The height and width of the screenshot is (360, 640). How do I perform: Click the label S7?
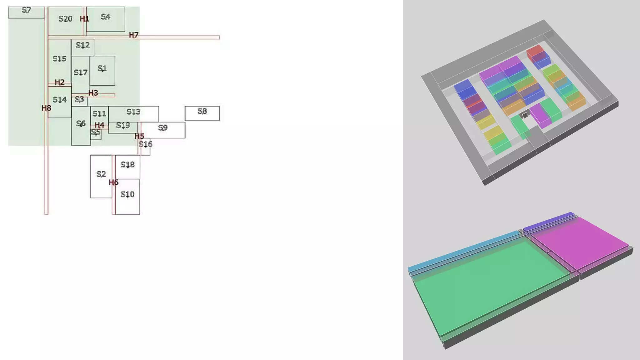27,10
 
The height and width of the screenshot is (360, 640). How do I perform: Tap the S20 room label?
65,19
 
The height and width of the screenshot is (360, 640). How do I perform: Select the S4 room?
106,19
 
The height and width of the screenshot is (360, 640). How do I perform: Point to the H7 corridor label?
134,35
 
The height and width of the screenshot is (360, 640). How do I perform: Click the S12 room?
82,47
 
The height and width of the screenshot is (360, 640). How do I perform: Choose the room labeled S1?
102,71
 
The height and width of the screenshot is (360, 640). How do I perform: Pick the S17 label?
80,72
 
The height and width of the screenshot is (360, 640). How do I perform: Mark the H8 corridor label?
46,108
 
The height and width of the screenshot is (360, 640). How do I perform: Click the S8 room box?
202,113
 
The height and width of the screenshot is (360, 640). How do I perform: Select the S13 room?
133,114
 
